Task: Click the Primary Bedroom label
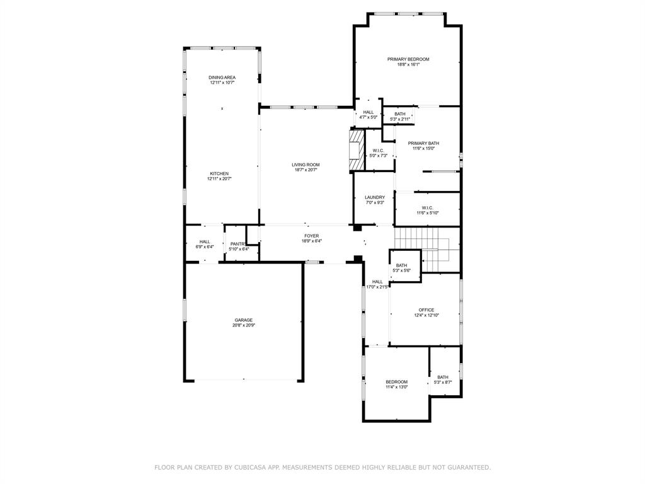pyautogui.click(x=408, y=59)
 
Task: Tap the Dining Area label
pyautogui.click(x=222, y=78)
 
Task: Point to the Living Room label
pyautogui.click(x=305, y=164)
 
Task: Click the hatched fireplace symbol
pyautogui.click(x=357, y=150)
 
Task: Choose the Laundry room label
pyautogui.click(x=374, y=197)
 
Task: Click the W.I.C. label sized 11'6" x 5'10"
pyautogui.click(x=427, y=208)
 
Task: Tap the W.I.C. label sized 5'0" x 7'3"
pyautogui.click(x=378, y=150)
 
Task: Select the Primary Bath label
pyautogui.click(x=423, y=143)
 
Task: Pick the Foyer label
pyautogui.click(x=312, y=236)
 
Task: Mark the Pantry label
pyautogui.click(x=238, y=244)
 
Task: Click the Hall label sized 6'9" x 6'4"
pyautogui.click(x=205, y=241)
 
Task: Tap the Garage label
pyautogui.click(x=244, y=320)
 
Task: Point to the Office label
pyautogui.click(x=426, y=309)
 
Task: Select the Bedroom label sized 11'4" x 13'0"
pyautogui.click(x=397, y=382)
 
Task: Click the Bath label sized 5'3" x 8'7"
pyautogui.click(x=443, y=377)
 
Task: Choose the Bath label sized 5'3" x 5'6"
pyautogui.click(x=401, y=265)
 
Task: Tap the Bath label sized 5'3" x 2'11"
pyautogui.click(x=400, y=114)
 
